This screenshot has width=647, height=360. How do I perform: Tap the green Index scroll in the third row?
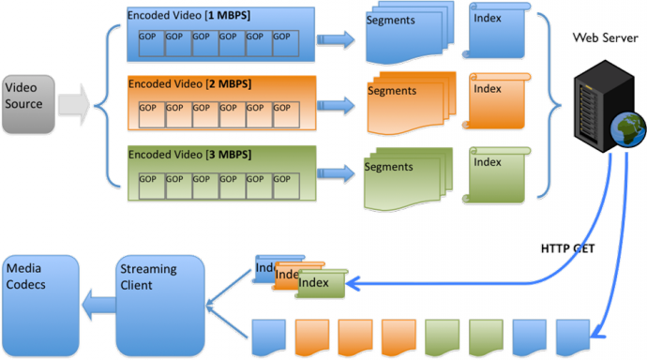click(x=491, y=174)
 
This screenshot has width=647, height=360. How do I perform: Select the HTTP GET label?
click(x=566, y=248)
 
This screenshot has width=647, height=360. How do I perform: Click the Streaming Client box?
click(x=159, y=300)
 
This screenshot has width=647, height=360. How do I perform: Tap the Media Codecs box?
click(x=38, y=300)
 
